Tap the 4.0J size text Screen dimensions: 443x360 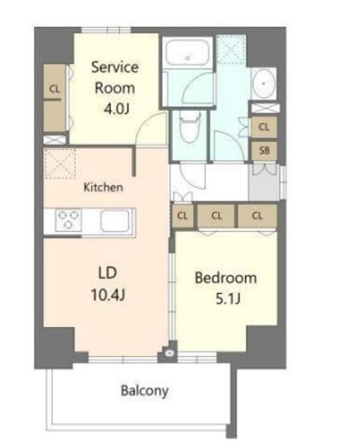[115, 107]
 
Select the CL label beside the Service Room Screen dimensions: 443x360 [54, 89]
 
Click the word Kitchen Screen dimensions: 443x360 [103, 187]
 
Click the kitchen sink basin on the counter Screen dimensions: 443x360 [115, 220]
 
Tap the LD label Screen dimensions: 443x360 [106, 273]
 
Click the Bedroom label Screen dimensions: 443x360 [226, 278]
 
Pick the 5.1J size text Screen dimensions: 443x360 [226, 300]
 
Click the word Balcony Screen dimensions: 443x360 [144, 391]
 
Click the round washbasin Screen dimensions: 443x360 [263, 83]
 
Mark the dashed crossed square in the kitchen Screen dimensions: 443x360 [62, 164]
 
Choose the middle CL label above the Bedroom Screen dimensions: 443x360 [217, 216]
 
